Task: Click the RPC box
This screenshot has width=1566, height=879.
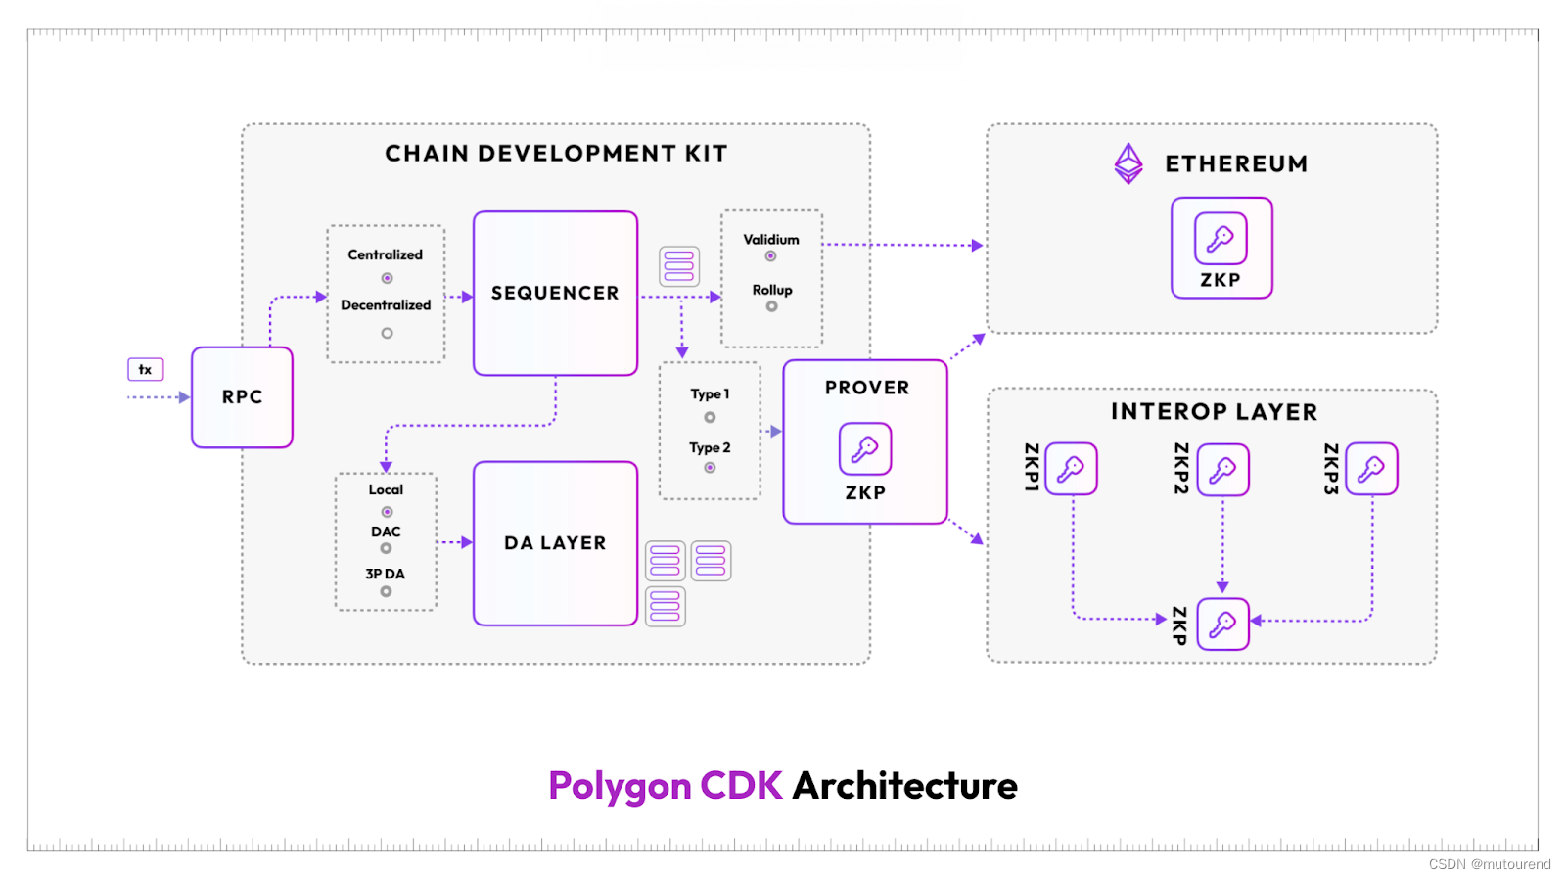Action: coord(242,397)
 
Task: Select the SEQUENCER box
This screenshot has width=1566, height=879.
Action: coord(555,294)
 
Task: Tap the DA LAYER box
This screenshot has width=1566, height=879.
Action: coord(555,543)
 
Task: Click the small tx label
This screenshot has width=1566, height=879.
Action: coord(145,369)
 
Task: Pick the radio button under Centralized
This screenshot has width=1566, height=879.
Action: coord(387,278)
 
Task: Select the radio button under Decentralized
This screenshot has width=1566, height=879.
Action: coord(387,333)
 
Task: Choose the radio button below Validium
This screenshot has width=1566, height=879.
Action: coord(771,256)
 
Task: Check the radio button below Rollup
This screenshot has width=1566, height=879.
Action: coord(771,306)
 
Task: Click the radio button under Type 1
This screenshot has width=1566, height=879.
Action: coord(710,417)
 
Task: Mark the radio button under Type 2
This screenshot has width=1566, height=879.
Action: coord(710,468)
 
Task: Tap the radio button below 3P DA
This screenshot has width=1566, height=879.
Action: coord(386,591)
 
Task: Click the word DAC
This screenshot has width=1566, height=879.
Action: coord(386,532)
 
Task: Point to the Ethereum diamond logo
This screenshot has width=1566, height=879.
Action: coord(1128,163)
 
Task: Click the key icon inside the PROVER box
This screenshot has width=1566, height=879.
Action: coord(865,448)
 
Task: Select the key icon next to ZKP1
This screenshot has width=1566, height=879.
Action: coord(1071,469)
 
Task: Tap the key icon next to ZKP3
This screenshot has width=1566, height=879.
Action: coord(1371,469)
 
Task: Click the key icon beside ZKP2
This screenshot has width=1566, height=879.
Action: coord(1222,470)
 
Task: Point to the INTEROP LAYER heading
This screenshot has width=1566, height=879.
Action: coord(1214,412)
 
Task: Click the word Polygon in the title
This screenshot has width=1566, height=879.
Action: coord(620,786)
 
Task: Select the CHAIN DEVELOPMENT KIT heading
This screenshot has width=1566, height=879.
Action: coord(556,154)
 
